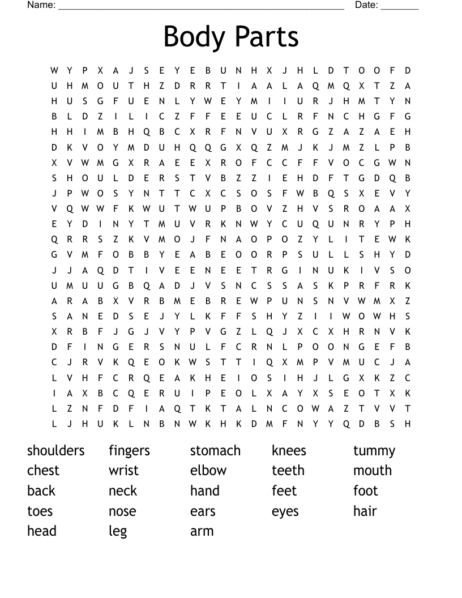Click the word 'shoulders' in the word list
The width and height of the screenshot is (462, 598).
coord(55,451)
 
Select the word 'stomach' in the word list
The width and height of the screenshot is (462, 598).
coord(215,451)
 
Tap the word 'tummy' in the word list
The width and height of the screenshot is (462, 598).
coord(374,451)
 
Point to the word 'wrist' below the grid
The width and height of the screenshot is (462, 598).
coord(123,471)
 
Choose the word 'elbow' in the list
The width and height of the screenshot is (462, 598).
coord(208,471)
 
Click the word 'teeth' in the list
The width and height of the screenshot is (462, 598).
coord(288,471)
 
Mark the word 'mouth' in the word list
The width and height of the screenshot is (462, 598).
coord(373,471)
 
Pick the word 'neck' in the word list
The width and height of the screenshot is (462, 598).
coord(123,491)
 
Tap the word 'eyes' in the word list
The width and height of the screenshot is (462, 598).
coord(285,512)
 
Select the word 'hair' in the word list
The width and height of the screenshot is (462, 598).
coord(365,511)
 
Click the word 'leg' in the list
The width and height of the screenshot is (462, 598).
coord(118,532)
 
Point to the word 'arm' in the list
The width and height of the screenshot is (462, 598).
coord(202,531)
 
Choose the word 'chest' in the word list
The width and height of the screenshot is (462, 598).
coord(43,471)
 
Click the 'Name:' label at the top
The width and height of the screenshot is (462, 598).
coord(41,5)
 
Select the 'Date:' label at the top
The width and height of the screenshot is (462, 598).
coord(366,5)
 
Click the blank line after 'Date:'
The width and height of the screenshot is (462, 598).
coord(400,7)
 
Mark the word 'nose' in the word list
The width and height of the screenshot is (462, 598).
coord(122,511)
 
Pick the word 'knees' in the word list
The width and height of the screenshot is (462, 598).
coord(289,451)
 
